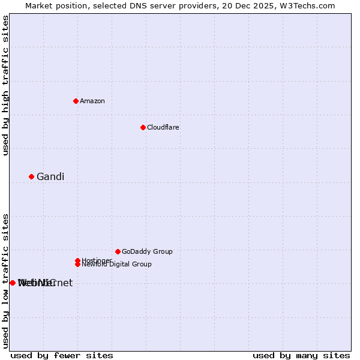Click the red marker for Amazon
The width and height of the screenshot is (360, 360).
[76, 101]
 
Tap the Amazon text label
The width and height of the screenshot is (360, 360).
[92, 101]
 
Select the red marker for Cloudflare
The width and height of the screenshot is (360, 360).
[143, 127]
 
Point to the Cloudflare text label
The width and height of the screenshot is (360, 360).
[163, 127]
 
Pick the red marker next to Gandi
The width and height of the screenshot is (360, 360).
[31, 176]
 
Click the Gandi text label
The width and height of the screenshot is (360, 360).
[50, 176]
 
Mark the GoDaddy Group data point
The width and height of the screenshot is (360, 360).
[118, 251]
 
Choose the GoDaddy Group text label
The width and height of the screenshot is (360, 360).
[147, 251]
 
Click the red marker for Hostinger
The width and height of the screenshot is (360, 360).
[77, 260]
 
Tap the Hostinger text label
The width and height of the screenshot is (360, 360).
[97, 260]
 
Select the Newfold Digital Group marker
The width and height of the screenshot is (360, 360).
[77, 264]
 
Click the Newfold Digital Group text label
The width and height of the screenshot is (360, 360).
[117, 265]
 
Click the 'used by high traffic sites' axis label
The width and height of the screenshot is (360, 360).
[5, 85]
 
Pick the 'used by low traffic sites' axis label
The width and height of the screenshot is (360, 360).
[5, 281]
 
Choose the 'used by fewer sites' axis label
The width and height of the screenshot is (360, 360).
[61, 355]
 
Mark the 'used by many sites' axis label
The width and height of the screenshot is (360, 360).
[301, 355]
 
